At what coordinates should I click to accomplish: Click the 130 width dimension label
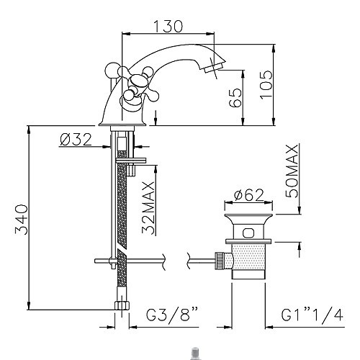click(x=168, y=26)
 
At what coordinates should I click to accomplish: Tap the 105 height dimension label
click(x=266, y=84)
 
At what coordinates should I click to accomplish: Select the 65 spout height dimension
click(x=235, y=98)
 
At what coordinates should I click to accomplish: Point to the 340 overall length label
click(x=22, y=220)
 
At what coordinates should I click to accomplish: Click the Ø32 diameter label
click(x=76, y=140)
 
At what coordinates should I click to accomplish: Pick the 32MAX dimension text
click(x=148, y=207)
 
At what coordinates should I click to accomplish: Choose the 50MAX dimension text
click(x=292, y=171)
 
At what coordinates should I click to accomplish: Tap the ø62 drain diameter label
click(x=249, y=195)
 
